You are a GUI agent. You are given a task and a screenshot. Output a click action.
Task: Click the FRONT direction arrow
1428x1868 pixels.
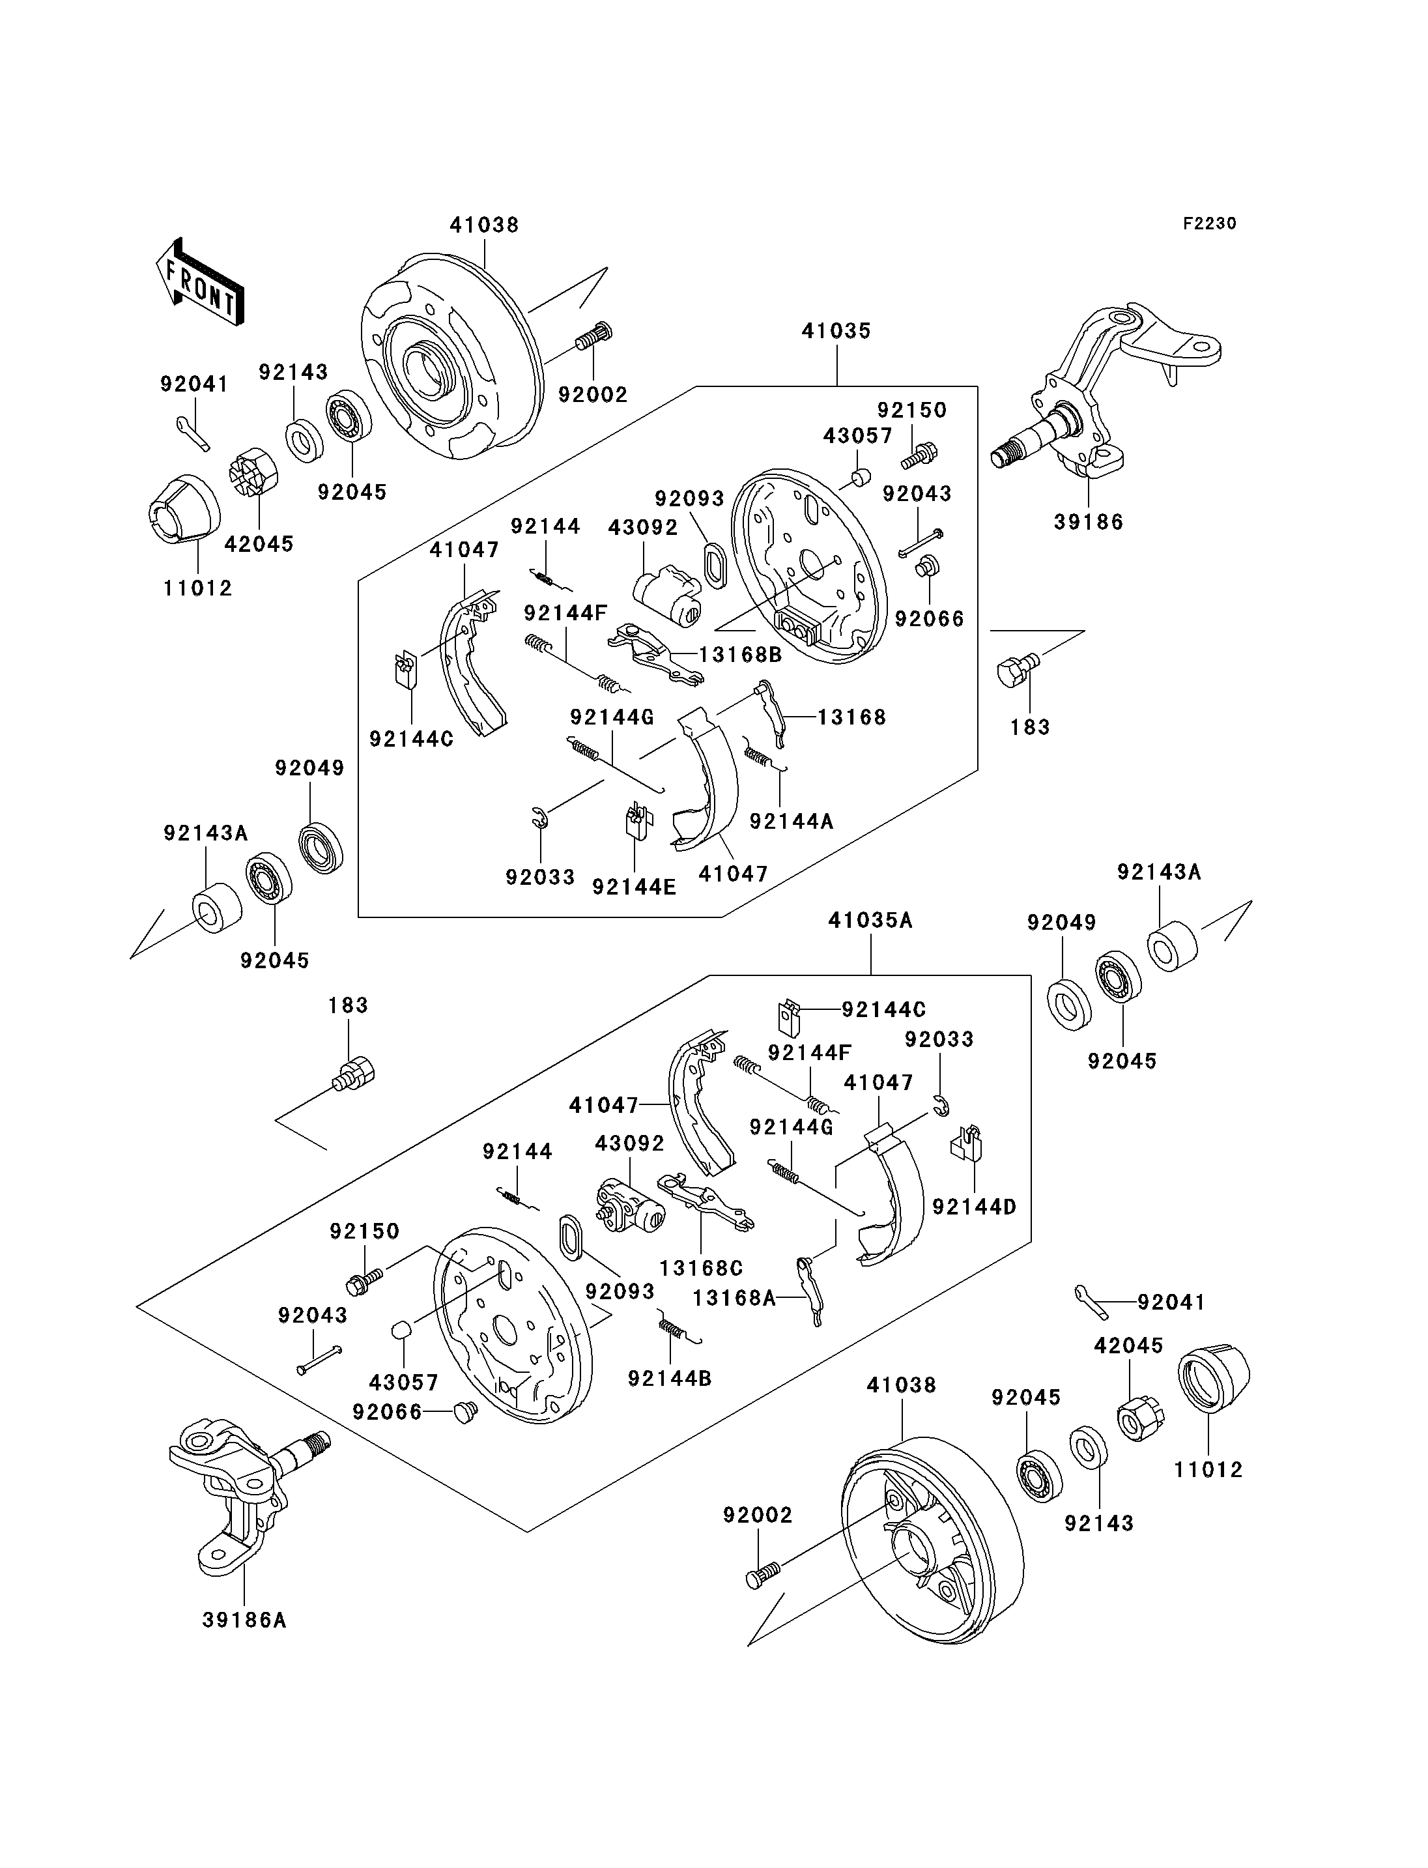[x=201, y=281]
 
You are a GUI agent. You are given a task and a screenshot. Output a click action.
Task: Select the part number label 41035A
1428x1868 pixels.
[x=870, y=920]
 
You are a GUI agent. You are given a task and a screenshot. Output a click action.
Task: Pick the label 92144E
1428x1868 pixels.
[x=634, y=887]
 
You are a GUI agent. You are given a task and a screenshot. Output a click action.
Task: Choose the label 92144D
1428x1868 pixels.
[x=974, y=1207]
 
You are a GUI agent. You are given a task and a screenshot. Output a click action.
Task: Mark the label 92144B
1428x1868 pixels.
[x=670, y=1378]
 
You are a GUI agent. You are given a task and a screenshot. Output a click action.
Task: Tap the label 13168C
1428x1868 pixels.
[x=701, y=1268]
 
